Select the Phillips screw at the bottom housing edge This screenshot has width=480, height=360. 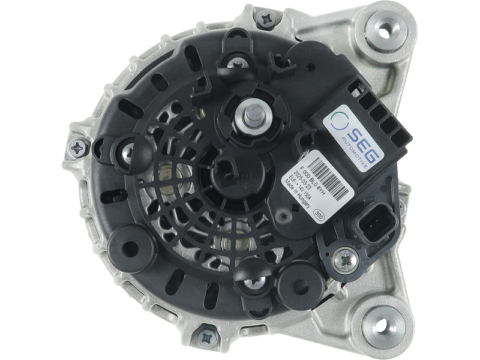tap(206, 331)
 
